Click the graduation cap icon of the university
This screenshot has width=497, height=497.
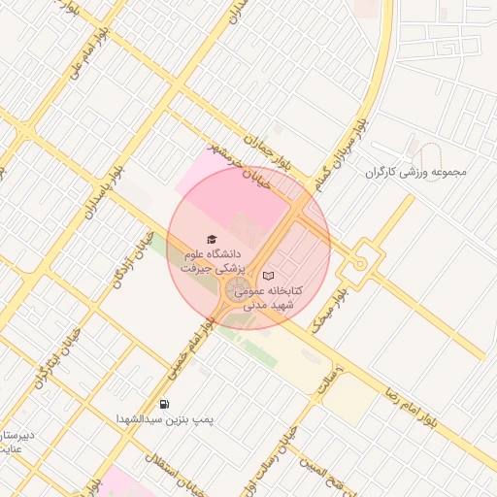tap(212, 239)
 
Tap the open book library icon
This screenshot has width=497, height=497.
tap(268, 276)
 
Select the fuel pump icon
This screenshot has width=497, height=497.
tap(163, 404)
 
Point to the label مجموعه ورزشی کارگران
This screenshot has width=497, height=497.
tap(415, 172)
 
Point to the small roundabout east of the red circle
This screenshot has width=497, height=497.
tap(361, 263)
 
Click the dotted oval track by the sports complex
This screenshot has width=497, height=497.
tap(432, 159)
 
